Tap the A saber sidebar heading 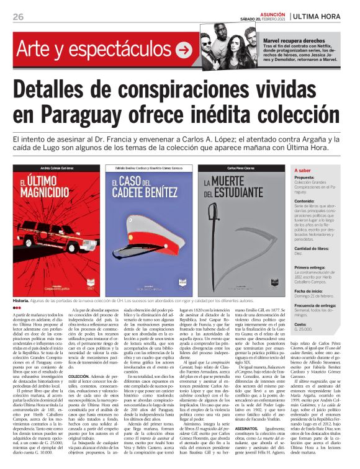pyautogui.click(x=303, y=170)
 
